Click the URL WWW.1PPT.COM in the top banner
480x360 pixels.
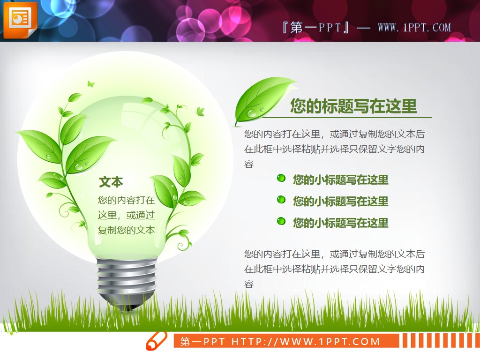tap(414, 27)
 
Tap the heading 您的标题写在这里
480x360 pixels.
tap(353, 106)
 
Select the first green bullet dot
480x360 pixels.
tap(281, 178)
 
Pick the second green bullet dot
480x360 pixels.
tap(281, 200)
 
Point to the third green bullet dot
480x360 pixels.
tap(281, 221)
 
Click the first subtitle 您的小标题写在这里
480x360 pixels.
tap(341, 180)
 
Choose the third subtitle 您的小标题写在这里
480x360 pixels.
tap(341, 223)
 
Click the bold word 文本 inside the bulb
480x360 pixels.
tap(111, 182)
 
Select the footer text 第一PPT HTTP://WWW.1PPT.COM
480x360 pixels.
tap(280, 341)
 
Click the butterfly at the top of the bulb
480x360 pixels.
tap(90, 84)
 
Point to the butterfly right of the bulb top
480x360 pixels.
tap(201, 112)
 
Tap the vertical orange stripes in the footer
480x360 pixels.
tap(439, 341)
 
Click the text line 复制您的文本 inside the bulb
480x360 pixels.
tap(126, 230)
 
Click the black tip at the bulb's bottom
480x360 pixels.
tap(127, 307)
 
